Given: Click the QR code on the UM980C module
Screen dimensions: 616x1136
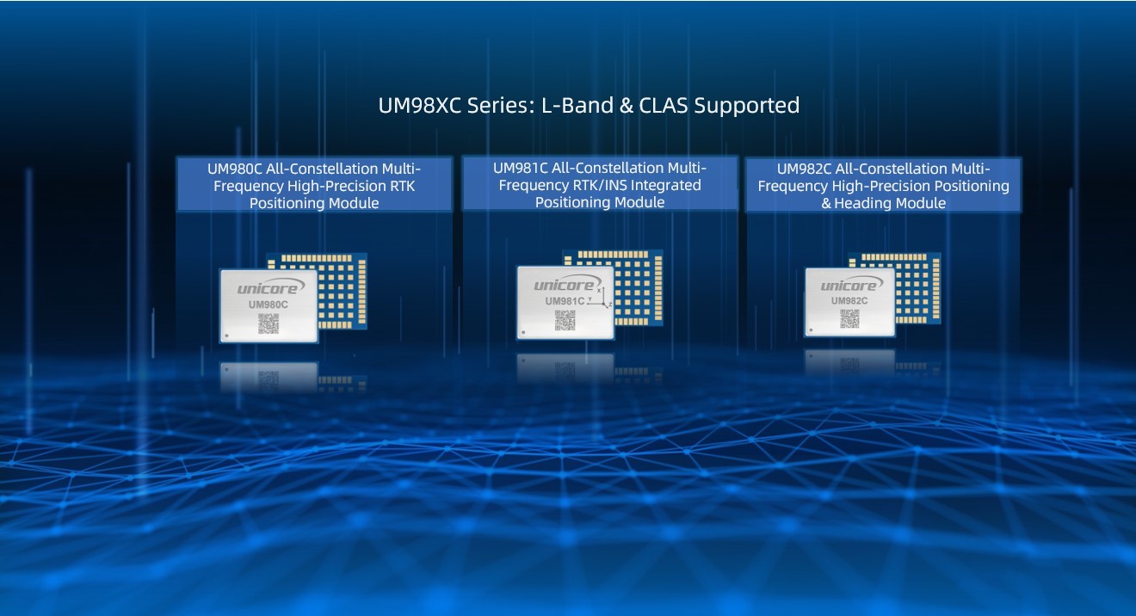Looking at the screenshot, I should pyautogui.click(x=269, y=323).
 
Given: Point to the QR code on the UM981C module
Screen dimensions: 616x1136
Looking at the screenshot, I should pyautogui.click(x=565, y=320).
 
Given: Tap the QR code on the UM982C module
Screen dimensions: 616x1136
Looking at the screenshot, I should pyautogui.click(x=849, y=318).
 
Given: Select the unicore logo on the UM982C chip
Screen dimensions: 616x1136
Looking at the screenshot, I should pyautogui.click(x=850, y=285).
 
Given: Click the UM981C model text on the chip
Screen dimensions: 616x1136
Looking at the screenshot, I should pyautogui.click(x=565, y=301).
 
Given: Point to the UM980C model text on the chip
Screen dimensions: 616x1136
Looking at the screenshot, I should pyautogui.click(x=269, y=305).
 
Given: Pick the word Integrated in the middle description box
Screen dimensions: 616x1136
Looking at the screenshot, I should pyautogui.click(x=669, y=185).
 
